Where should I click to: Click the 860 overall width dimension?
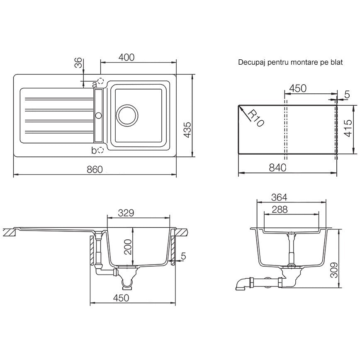[95, 170]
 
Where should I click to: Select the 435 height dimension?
[188, 130]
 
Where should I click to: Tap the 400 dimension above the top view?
[126, 57]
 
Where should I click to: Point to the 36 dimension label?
[78, 63]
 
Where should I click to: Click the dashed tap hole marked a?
[100, 81]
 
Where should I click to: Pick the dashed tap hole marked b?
[100, 150]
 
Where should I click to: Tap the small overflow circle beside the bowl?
[99, 115]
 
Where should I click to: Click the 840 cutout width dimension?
[277, 168]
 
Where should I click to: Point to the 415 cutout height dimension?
[348, 128]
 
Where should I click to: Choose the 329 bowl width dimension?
[126, 213]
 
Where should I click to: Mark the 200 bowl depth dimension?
[128, 247]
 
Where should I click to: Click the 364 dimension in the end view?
[279, 197]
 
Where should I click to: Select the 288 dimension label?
[280, 209]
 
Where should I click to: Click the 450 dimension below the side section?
[121, 298]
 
